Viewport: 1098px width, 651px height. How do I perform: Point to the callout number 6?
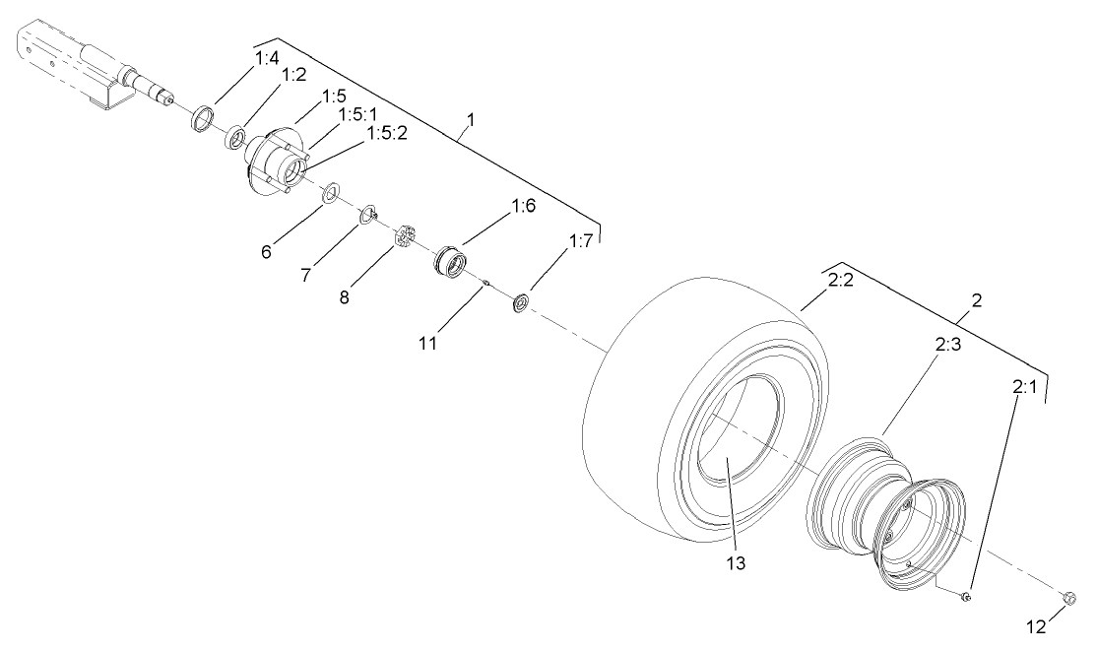(265, 251)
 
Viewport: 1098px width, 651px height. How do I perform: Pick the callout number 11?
(427, 346)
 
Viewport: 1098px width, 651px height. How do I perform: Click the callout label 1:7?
(579, 241)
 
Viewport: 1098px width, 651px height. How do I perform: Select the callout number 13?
(737, 563)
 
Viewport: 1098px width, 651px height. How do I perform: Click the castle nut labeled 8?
(403, 238)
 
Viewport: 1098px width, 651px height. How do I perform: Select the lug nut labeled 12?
(1069, 597)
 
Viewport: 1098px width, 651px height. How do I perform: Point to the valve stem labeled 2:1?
(966, 595)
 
